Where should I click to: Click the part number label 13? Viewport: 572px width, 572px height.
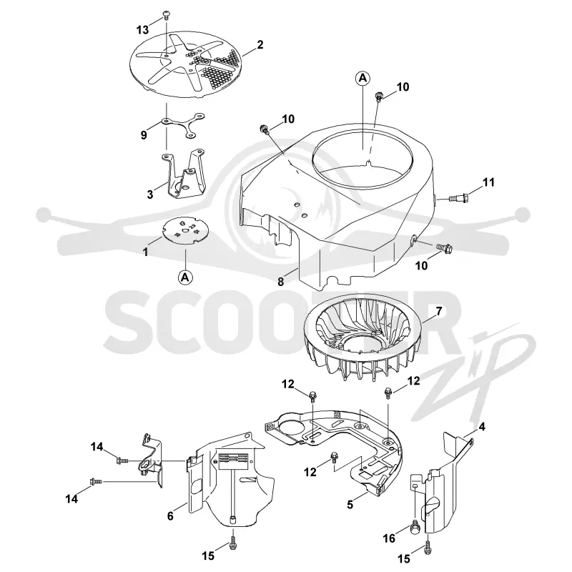142,29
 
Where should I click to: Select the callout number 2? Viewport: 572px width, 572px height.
260,45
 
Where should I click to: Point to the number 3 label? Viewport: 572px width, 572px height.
150,194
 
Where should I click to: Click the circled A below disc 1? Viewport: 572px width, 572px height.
185,277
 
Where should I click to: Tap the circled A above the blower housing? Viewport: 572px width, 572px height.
363,78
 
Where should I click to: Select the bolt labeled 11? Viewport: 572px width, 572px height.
459,198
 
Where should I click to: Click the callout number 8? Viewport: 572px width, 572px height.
280,282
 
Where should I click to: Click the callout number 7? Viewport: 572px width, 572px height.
439,311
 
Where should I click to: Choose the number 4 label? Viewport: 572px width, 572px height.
481,426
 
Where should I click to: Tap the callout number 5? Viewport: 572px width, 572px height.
350,505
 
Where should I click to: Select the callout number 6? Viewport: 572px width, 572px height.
170,516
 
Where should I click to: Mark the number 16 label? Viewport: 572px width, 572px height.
389,538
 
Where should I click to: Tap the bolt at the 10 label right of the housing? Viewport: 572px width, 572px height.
444,248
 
